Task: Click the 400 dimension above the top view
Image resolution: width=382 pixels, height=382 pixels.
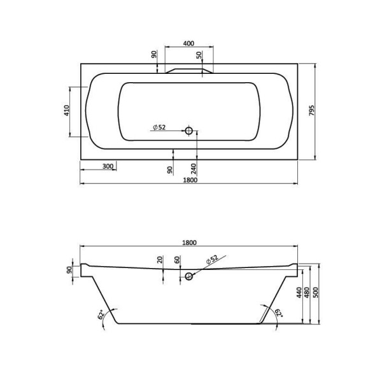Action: click(x=188, y=43)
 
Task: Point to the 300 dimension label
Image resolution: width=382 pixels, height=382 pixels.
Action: click(x=108, y=166)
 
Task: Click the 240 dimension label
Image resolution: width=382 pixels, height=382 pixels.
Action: click(x=192, y=169)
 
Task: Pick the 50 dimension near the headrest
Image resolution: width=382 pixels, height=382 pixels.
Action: click(x=199, y=56)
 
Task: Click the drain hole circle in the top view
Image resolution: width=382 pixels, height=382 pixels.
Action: click(x=188, y=131)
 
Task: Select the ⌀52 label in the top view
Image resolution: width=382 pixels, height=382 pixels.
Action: click(x=159, y=127)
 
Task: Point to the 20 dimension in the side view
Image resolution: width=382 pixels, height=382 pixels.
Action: click(x=159, y=261)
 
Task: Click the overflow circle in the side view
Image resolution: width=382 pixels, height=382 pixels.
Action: click(x=188, y=277)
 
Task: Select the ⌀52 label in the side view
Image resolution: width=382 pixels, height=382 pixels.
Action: click(x=211, y=259)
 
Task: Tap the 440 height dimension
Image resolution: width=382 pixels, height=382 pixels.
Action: click(x=298, y=293)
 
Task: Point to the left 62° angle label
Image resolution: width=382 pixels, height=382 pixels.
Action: click(x=101, y=314)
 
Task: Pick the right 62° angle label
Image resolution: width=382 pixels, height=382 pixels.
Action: click(x=274, y=314)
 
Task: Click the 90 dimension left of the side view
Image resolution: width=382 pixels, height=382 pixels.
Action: click(x=69, y=269)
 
